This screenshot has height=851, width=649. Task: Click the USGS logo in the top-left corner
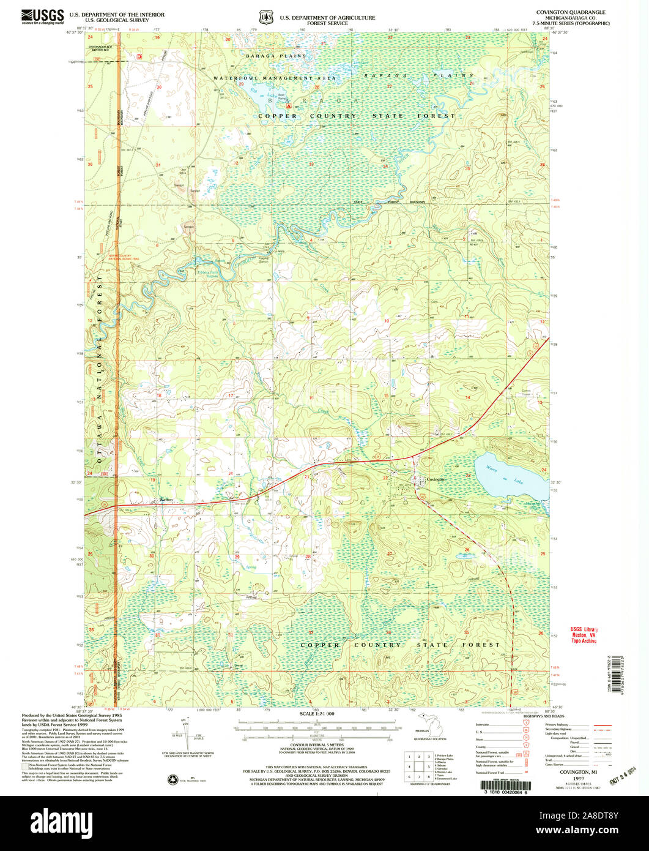pyautogui.click(x=42, y=15)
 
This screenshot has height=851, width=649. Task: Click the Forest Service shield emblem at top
pyautogui.click(x=266, y=18)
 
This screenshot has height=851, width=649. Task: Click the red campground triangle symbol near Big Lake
pyautogui.click(x=281, y=105)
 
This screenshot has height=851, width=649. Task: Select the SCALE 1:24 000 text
pyautogui.click(x=316, y=714)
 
